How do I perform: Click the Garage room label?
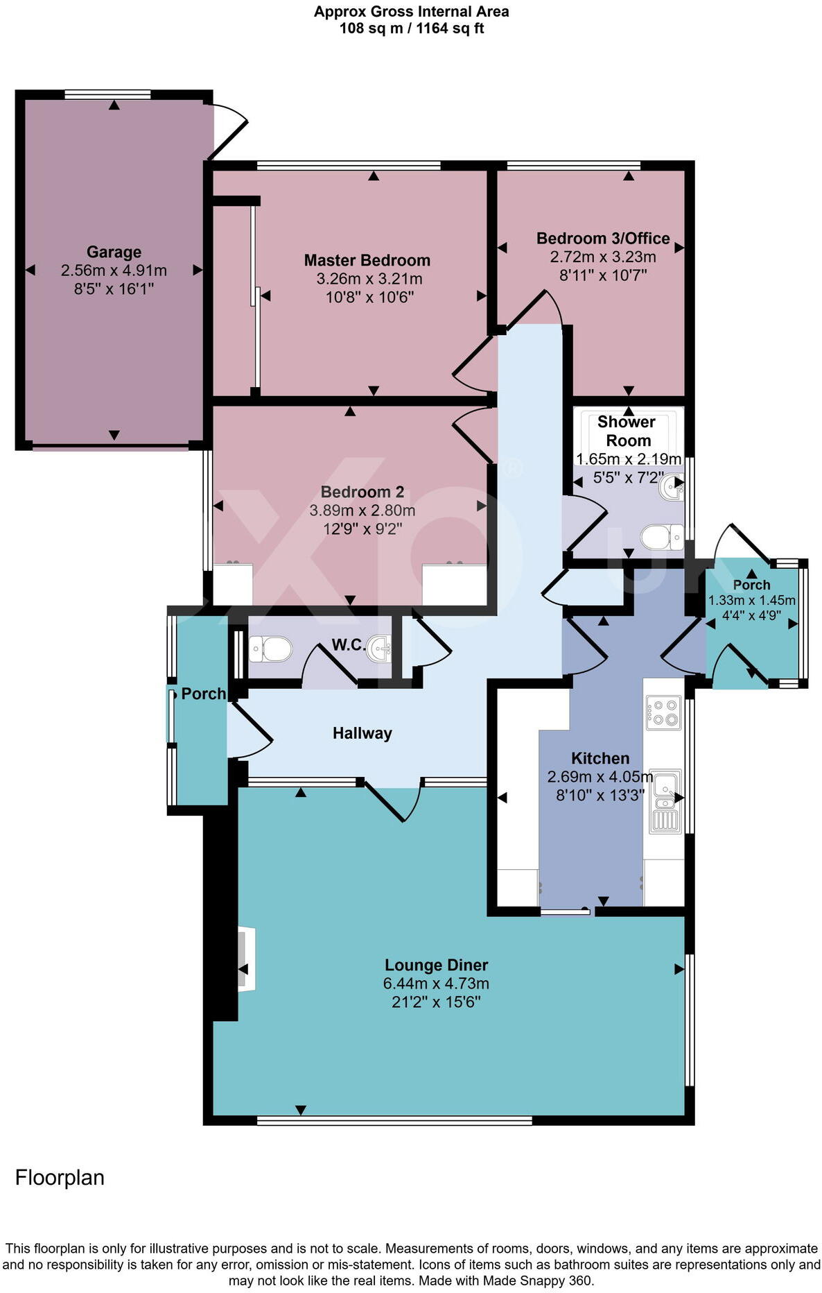pyautogui.click(x=114, y=252)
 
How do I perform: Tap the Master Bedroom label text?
pyautogui.click(x=367, y=260)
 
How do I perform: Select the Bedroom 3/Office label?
pyautogui.click(x=602, y=239)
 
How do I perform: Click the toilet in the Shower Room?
pyautogui.click(x=661, y=536)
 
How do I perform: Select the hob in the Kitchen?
pyautogui.click(x=663, y=713)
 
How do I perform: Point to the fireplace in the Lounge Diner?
pyautogui.click(x=245, y=959)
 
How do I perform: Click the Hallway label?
pyautogui.click(x=362, y=733)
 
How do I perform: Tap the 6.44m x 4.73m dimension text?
pyautogui.click(x=436, y=984)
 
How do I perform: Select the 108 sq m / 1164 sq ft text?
pyautogui.click(x=411, y=28)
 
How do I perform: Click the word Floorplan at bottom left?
pyautogui.click(x=60, y=1177)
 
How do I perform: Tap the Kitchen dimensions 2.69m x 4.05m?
pyautogui.click(x=600, y=777)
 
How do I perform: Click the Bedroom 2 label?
pyautogui.click(x=362, y=492)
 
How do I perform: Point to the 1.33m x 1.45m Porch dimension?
pyautogui.click(x=751, y=601)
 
